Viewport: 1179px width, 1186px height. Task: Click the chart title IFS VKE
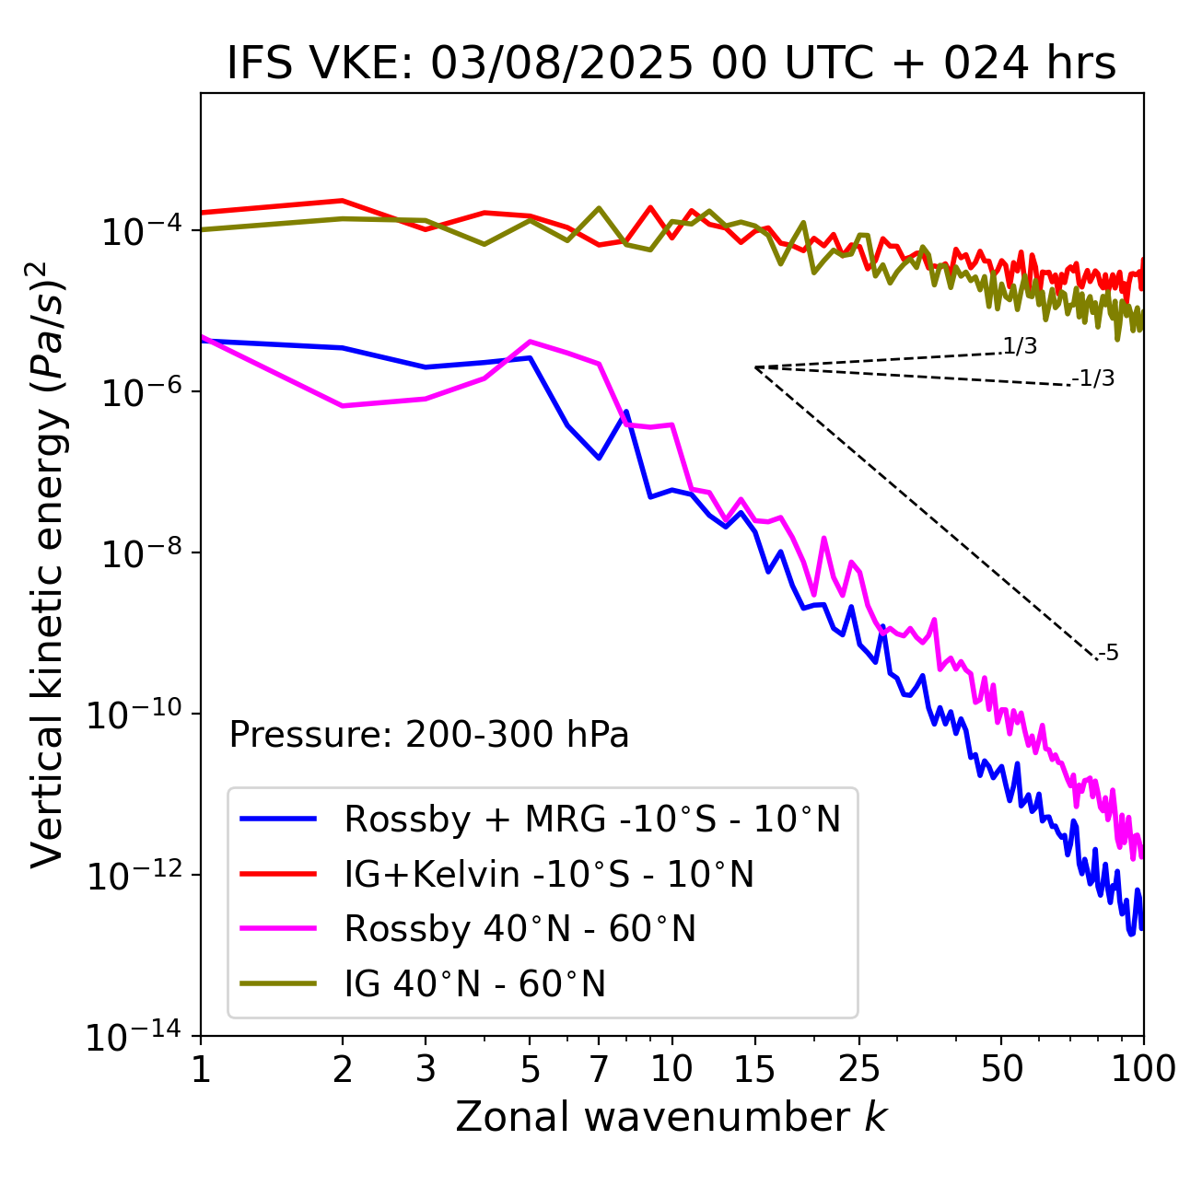tap(671, 64)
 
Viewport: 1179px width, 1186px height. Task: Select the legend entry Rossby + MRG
tap(592, 819)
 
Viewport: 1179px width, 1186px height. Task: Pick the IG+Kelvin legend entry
tap(549, 874)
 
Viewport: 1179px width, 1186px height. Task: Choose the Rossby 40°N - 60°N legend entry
tap(519, 929)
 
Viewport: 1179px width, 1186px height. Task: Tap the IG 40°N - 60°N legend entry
tap(474, 984)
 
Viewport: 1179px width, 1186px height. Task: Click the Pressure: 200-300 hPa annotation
tap(428, 735)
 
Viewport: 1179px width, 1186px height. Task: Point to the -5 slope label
tap(1108, 654)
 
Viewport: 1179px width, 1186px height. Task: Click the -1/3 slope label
tap(1094, 378)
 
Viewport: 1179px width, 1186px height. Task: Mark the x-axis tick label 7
tap(599, 1069)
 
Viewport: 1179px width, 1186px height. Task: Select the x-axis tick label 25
tap(858, 1069)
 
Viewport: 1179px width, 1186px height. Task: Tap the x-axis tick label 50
tap(1001, 1069)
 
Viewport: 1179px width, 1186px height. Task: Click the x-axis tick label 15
tap(754, 1069)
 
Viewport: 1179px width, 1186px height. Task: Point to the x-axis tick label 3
tap(426, 1069)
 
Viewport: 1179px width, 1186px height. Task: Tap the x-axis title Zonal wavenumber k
tap(671, 1117)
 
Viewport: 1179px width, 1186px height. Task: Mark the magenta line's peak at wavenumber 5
tap(530, 342)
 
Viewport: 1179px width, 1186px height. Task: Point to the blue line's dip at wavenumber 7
tap(599, 458)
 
